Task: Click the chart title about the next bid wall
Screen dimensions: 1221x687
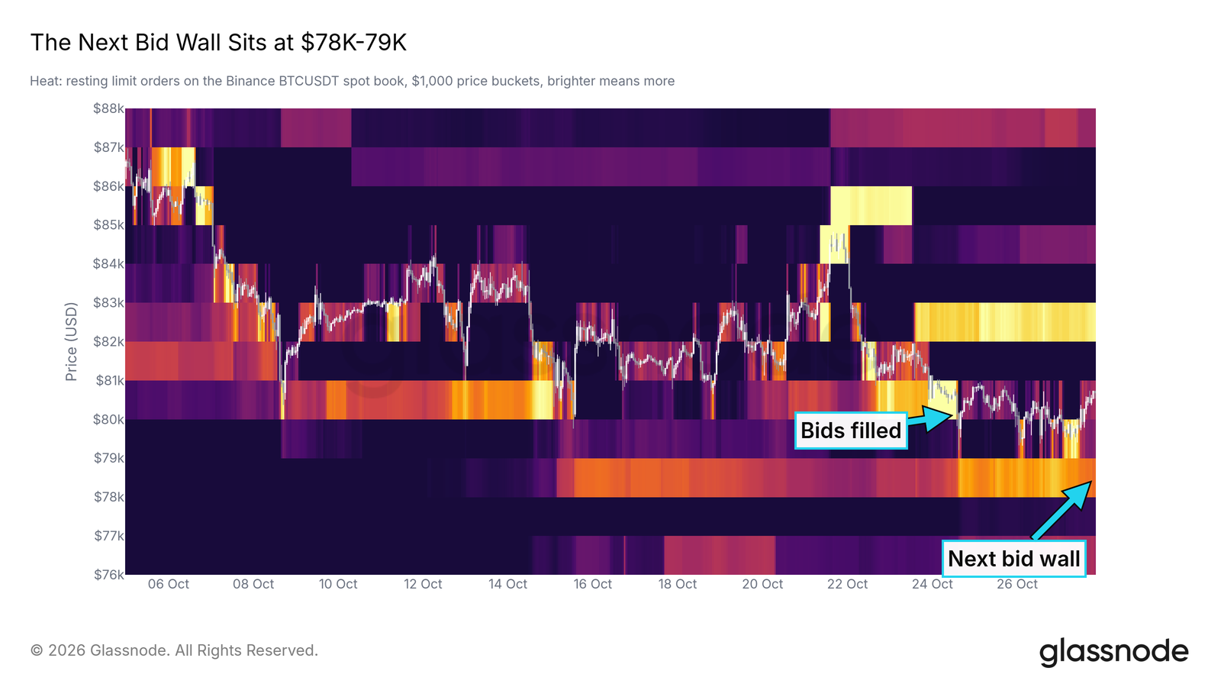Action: [x=218, y=43]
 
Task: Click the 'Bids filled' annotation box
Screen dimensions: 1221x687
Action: [x=851, y=431]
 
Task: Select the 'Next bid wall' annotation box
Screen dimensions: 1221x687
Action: [x=1014, y=558]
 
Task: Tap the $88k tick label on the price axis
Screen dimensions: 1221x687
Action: [x=108, y=108]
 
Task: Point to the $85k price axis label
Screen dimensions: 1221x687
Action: [x=108, y=224]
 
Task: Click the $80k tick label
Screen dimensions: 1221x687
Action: [x=108, y=419]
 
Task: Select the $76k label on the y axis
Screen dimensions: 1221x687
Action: [x=108, y=575]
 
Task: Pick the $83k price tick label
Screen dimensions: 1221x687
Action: [x=108, y=302]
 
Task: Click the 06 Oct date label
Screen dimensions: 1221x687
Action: [x=169, y=584]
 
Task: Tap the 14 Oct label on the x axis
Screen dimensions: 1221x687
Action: [x=507, y=584]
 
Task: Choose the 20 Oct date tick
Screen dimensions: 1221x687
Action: [x=762, y=584]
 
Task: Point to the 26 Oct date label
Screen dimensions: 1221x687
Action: [x=1017, y=584]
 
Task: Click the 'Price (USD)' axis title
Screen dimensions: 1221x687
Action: [x=71, y=341]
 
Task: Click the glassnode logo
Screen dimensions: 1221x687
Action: [x=1113, y=652]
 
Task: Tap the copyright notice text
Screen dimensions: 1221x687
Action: [x=174, y=650]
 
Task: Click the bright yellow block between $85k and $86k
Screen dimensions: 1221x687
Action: [x=871, y=205]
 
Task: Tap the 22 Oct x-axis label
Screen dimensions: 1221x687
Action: [x=847, y=584]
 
